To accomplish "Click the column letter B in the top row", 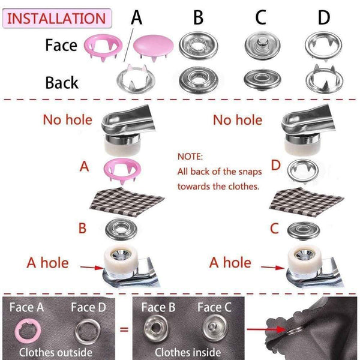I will click(198, 18).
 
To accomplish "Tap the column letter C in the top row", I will click(260, 18).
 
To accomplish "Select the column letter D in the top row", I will click(324, 18).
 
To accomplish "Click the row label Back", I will click(62, 82).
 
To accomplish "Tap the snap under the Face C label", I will click(212, 328).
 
